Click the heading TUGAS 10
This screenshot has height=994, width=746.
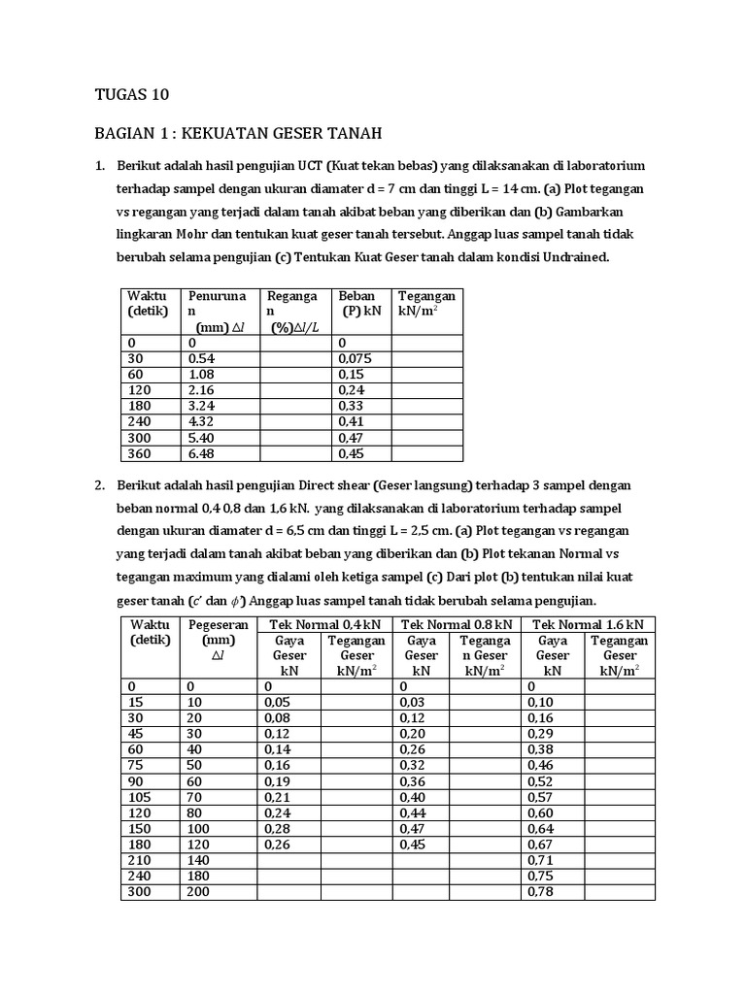(131, 94)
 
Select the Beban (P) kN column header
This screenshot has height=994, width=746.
(359, 303)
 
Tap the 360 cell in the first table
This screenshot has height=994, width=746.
(140, 453)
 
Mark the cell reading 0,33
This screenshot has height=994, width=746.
(350, 406)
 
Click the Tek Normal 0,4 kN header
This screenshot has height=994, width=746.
(322, 624)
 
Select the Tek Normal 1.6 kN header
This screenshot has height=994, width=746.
(588, 624)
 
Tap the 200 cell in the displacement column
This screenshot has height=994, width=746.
(198, 891)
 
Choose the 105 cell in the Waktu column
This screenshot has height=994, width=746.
(140, 796)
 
